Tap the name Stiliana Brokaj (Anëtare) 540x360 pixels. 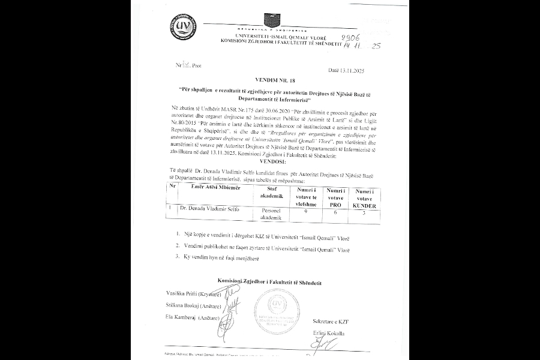[193, 305]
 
